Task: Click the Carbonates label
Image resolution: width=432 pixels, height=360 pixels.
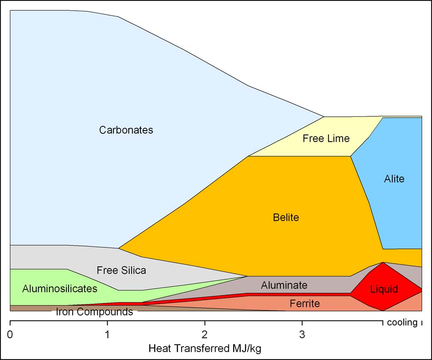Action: pyautogui.click(x=126, y=130)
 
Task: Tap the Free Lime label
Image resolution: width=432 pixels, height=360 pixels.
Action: pyautogui.click(x=326, y=138)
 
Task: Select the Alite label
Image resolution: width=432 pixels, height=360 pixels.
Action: pyautogui.click(x=394, y=179)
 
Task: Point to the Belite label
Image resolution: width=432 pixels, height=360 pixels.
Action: pyautogui.click(x=286, y=217)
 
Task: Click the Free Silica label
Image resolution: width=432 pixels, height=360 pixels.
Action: pyautogui.click(x=121, y=271)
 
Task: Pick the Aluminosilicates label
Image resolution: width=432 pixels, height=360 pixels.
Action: pyautogui.click(x=60, y=288)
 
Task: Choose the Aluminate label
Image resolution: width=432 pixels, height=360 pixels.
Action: pyautogui.click(x=284, y=285)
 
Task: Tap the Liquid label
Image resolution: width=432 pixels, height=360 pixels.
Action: pyautogui.click(x=384, y=289)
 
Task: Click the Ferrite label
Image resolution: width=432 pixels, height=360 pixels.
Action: pyautogui.click(x=305, y=304)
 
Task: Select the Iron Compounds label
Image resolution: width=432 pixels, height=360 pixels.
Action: pyautogui.click(x=94, y=312)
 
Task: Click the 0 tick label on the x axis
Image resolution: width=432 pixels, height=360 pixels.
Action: pyautogui.click(x=10, y=334)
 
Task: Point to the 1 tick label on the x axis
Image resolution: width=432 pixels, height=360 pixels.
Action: pyautogui.click(x=108, y=334)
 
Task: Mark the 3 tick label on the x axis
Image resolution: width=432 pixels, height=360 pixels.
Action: pyautogui.click(x=302, y=334)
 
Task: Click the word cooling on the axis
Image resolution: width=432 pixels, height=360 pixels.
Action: pyautogui.click(x=402, y=323)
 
